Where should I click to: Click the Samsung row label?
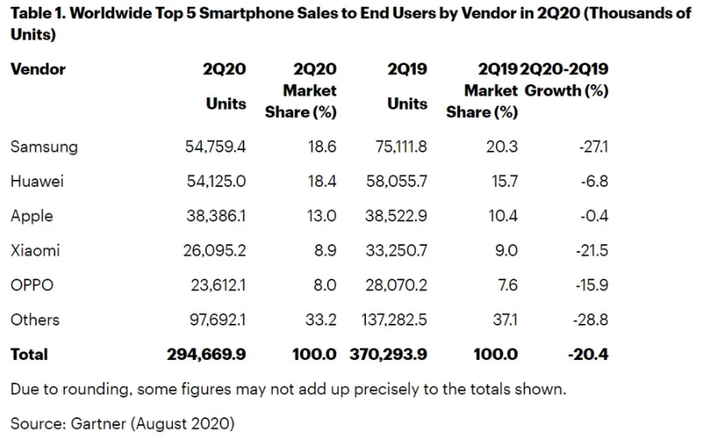click(44, 147)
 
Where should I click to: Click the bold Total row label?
click(30, 355)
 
